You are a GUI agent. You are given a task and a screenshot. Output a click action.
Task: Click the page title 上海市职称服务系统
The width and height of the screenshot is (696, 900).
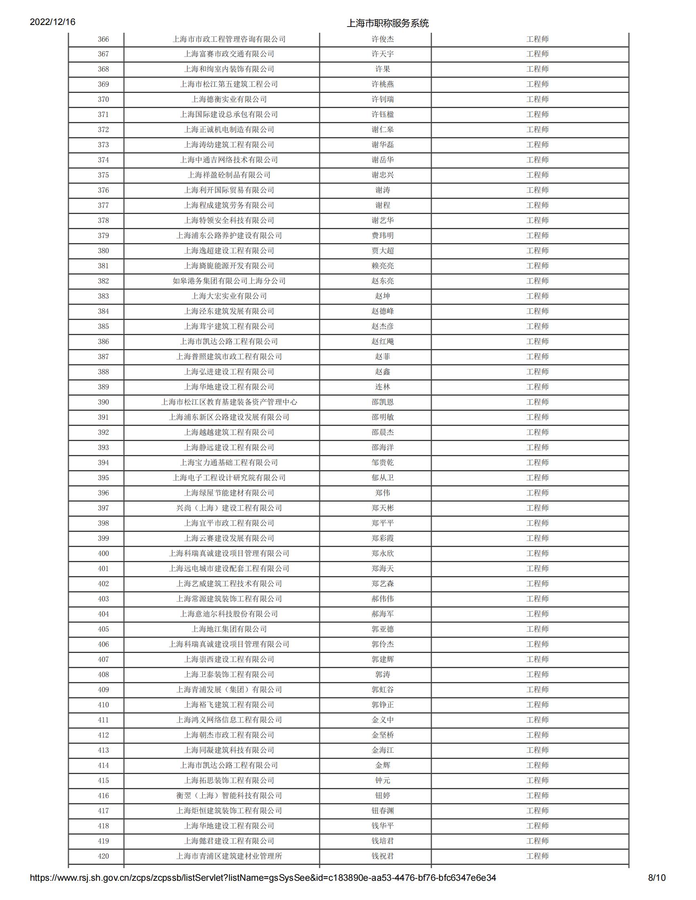point(387,23)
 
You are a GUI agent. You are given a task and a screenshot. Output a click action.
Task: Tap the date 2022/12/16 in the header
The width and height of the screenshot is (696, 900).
point(52,22)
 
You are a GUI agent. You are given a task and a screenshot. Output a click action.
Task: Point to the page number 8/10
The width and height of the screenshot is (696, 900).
point(656,878)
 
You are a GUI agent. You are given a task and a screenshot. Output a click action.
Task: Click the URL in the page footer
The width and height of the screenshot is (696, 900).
point(263,878)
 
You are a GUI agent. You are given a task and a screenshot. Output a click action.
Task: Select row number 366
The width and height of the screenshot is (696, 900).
point(103,39)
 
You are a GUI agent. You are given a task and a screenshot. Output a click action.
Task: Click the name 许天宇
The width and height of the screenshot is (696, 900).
point(382,54)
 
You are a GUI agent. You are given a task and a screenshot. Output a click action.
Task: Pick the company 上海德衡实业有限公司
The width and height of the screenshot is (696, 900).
point(229,99)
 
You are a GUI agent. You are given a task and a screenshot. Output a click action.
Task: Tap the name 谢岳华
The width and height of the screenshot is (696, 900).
point(382,160)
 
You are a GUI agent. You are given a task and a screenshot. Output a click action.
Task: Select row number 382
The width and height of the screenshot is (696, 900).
point(103,281)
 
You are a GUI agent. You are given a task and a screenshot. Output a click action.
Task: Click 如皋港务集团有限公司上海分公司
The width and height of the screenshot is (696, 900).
point(229,281)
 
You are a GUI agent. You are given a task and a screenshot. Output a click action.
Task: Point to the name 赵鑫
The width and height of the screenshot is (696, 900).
point(382,372)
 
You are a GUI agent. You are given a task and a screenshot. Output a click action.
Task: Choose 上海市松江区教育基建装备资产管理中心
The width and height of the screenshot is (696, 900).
point(229,402)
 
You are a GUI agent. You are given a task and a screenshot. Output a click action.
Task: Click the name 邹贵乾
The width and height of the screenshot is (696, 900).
point(382,463)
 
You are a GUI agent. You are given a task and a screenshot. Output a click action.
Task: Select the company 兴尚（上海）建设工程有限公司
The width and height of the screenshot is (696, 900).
point(229,508)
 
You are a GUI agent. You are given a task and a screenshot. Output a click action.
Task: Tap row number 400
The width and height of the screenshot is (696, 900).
point(103,553)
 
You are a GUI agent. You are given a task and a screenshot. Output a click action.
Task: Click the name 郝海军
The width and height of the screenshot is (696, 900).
point(382,614)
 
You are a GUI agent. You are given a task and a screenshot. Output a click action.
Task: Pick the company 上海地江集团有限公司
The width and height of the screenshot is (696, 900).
point(229,629)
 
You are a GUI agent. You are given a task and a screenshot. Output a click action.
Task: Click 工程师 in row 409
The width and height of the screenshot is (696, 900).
point(537,690)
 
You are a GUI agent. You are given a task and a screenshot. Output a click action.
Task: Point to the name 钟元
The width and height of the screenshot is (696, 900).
point(382,781)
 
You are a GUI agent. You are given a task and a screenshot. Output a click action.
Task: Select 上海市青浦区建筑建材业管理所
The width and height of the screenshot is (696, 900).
point(229,856)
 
